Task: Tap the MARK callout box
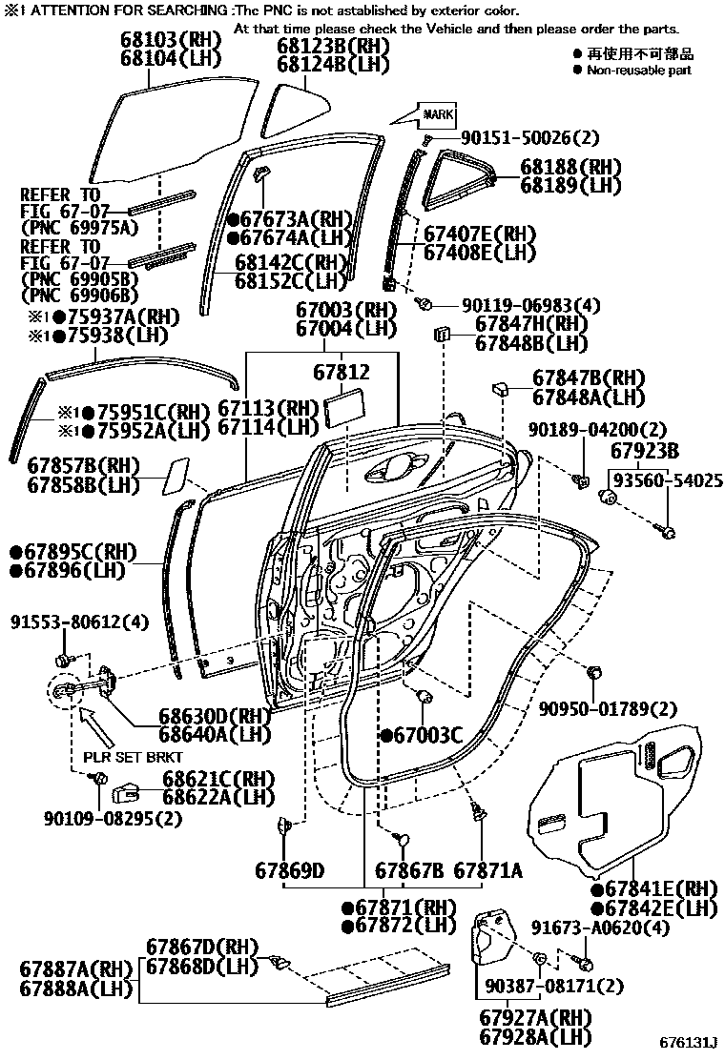click(438, 114)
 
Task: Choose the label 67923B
click(646, 450)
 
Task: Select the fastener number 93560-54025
click(668, 479)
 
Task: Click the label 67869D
click(290, 870)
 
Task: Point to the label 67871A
click(487, 870)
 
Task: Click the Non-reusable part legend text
click(638, 71)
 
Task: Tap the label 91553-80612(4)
click(81, 622)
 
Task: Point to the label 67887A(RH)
click(76, 968)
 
